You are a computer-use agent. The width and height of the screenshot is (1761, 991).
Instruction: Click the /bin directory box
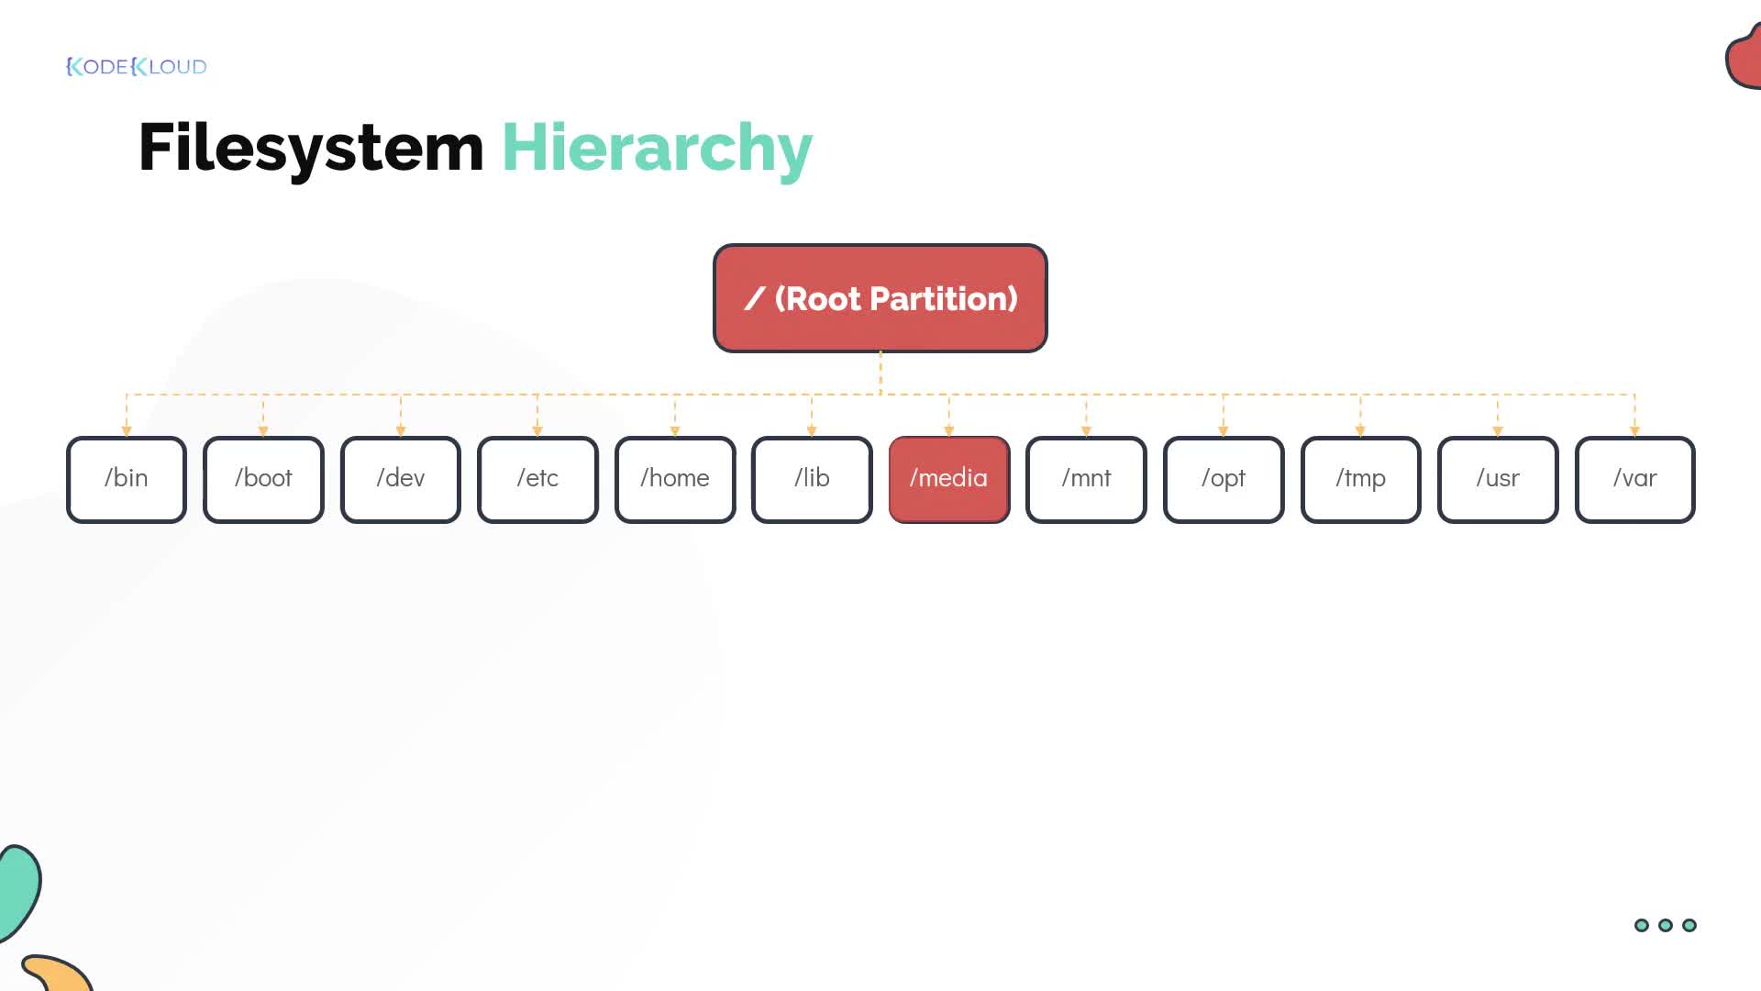pos(127,479)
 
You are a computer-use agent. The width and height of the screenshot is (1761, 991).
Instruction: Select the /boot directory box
pos(263,479)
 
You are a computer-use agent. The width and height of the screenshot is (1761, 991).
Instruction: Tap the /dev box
pos(401,479)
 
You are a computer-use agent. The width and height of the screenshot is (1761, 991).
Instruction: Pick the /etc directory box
pos(537,479)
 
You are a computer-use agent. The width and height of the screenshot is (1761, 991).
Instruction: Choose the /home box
pos(675,479)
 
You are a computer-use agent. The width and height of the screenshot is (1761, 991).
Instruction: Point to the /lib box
pos(812,479)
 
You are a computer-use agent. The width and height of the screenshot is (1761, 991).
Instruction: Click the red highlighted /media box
pos(949,479)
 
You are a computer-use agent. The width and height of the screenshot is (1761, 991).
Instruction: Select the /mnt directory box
pos(1086,479)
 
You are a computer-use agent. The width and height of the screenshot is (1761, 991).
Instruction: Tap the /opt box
pos(1224,479)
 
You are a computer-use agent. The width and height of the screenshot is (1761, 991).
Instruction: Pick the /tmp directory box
pos(1361,479)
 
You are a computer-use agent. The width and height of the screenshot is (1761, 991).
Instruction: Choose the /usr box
pos(1498,479)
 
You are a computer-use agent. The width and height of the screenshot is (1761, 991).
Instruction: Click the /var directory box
pos(1635,479)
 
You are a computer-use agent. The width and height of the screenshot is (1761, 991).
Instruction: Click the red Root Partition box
pos(880,298)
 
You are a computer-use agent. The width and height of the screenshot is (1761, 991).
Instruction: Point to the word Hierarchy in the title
pos(657,148)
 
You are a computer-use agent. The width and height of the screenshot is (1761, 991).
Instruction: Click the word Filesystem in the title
pos(311,148)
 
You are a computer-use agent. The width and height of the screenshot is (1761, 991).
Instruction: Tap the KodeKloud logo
pos(137,66)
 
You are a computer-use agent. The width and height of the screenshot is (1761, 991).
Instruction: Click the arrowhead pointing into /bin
pos(127,430)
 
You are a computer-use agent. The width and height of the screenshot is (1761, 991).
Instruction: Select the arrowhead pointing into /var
pos(1634,430)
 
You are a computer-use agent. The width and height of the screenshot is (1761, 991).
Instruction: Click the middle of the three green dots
pos(1666,925)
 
